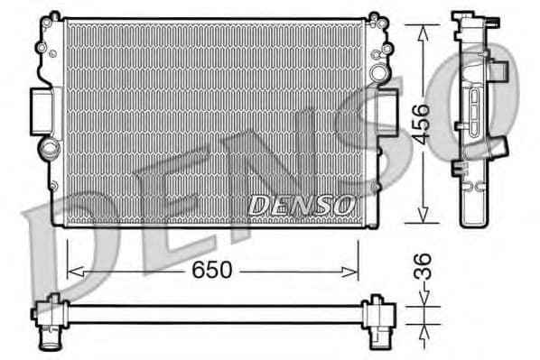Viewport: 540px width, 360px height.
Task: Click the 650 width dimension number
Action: (214, 270)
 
